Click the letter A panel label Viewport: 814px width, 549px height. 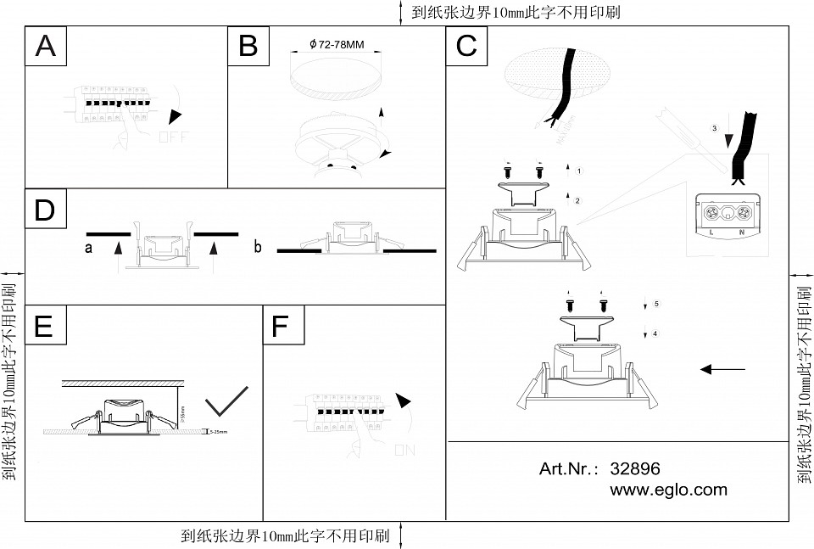click(x=46, y=46)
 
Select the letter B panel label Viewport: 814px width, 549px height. click(x=248, y=46)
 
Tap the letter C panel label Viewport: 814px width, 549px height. click(x=466, y=46)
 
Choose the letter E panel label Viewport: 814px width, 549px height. click(x=46, y=326)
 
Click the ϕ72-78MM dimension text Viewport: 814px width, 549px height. click(x=337, y=42)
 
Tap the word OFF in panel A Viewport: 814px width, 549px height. click(x=175, y=136)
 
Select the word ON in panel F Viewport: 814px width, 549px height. click(x=404, y=451)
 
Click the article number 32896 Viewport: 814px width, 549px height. click(x=635, y=469)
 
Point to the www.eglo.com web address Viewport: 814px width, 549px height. click(x=668, y=490)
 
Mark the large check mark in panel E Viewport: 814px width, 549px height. click(x=226, y=401)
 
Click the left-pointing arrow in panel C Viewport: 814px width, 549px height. click(x=722, y=369)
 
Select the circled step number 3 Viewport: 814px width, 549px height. click(x=715, y=128)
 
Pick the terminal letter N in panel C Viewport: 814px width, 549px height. click(x=743, y=231)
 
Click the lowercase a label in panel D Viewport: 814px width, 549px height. click(x=88, y=248)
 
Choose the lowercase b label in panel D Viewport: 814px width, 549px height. click(x=258, y=248)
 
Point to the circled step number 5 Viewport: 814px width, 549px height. click(x=657, y=304)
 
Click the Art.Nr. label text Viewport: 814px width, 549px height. click(x=569, y=469)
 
